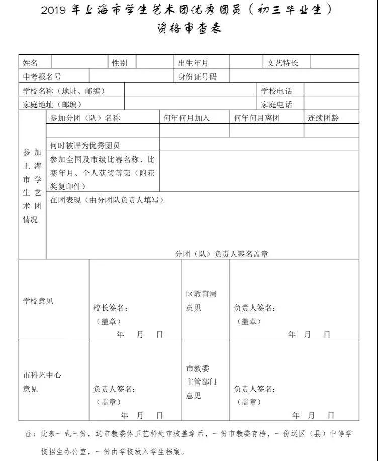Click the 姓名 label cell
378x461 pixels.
click(x=31, y=63)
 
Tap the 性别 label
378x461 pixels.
click(x=120, y=63)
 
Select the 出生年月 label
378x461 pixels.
click(x=194, y=63)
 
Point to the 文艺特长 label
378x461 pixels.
click(x=282, y=63)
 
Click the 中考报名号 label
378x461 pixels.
click(x=42, y=76)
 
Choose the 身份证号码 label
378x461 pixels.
click(x=198, y=76)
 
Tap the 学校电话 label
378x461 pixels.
click(x=276, y=91)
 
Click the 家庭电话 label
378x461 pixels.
click(x=276, y=104)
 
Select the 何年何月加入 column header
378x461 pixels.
click(x=187, y=118)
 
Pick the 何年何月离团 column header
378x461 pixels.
click(x=257, y=118)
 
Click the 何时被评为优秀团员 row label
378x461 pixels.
click(x=85, y=145)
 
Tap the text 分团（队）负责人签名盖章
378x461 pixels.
click(x=222, y=254)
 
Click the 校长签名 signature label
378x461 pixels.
click(x=110, y=308)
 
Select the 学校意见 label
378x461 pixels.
click(x=38, y=301)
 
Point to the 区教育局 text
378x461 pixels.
click(x=201, y=294)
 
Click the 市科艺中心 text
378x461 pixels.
click(x=42, y=375)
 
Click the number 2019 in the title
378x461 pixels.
click(x=54, y=11)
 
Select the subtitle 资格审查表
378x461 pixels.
click(x=189, y=28)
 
